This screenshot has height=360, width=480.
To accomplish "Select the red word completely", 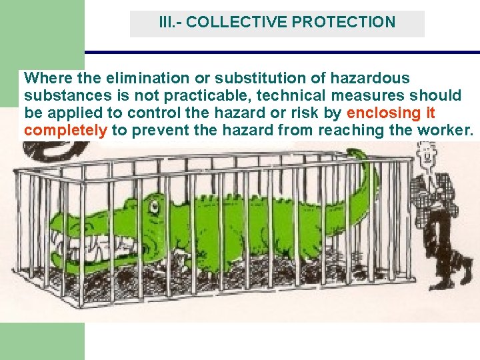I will [65, 129].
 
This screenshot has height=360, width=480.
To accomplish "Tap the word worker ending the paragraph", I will [444, 129].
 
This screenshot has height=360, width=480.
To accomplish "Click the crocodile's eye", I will [155, 207].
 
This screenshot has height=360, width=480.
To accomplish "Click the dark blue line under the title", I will [280, 52].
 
